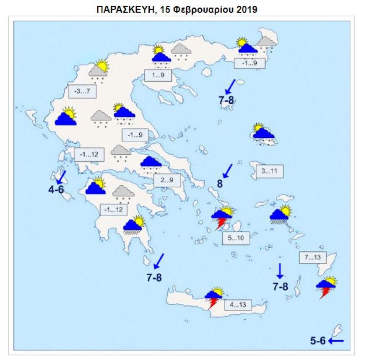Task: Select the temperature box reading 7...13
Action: tap(313, 257)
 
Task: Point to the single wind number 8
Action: tap(219, 183)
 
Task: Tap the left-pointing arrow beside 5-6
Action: tap(336, 341)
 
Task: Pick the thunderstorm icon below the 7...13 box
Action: tap(326, 287)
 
